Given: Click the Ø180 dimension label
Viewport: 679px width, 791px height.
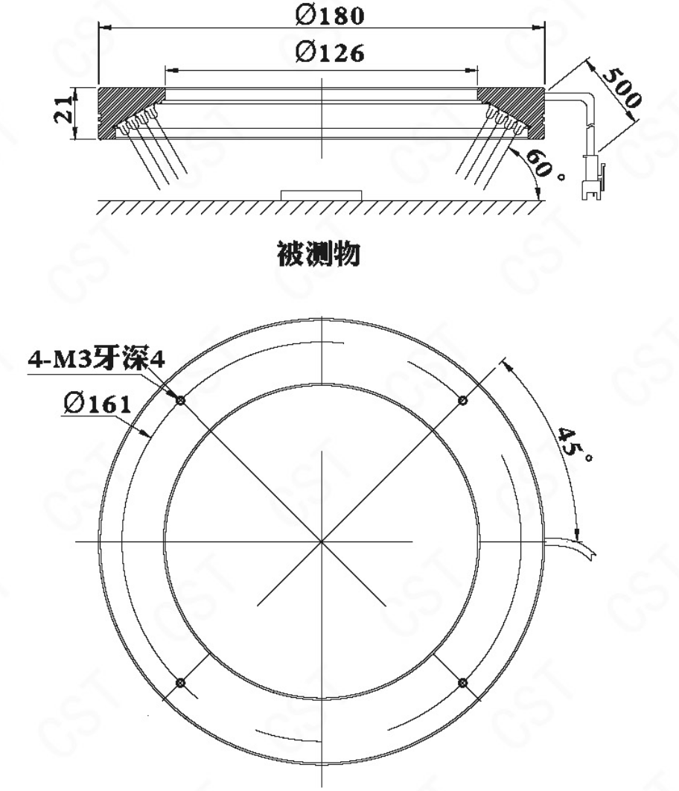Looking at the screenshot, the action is pos(330,16).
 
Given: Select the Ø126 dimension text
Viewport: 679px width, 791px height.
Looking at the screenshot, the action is pos(330,52).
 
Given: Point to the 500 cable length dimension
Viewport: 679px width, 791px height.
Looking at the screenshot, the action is pos(622,89).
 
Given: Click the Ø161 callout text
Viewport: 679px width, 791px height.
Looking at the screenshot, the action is pos(98,404).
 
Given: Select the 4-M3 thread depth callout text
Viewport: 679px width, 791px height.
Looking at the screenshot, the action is pos(96,360).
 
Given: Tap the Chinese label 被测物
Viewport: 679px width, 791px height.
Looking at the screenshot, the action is pos(319,253).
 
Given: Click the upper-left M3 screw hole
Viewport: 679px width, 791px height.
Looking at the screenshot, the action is pos(180,401).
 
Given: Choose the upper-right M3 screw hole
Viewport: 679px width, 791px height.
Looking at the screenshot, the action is pos(462,401).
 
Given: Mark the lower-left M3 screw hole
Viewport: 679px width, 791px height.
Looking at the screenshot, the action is pos(180,683).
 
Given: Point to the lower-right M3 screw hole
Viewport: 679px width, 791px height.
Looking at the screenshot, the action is pos(462,683).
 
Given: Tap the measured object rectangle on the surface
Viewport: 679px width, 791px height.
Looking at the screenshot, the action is pos(321,195).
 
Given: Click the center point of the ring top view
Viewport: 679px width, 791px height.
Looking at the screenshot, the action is pos(321,541).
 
